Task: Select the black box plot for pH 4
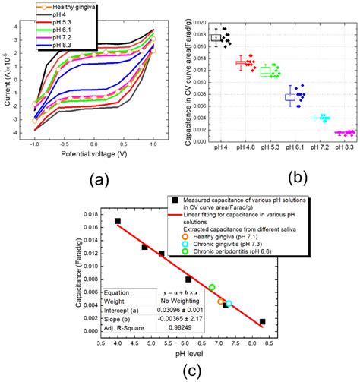[216, 37]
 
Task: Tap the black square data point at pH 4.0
[118, 221]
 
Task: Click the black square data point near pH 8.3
[263, 322]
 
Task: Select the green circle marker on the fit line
[212, 287]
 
